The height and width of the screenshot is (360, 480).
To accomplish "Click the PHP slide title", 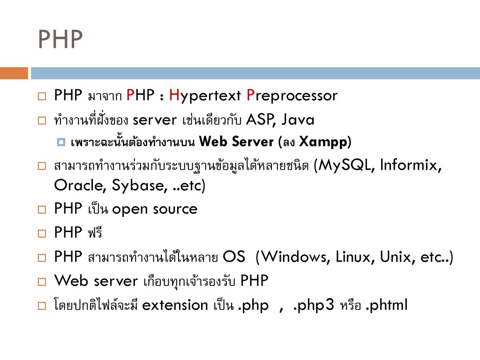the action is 60,39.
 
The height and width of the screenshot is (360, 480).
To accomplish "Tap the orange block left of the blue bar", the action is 14,73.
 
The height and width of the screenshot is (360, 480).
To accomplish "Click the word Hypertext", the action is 205,96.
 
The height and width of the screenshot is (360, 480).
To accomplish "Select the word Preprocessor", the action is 292,96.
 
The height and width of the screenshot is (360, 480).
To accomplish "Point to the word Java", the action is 298,120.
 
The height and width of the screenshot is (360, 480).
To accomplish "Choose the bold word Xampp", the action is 323,142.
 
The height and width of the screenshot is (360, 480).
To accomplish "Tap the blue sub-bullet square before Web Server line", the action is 61,142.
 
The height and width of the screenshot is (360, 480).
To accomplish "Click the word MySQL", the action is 345,165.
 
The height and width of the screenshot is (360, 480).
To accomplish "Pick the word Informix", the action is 408,165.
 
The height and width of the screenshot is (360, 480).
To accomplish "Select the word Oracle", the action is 78,185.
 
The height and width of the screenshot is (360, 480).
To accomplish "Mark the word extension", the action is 175,305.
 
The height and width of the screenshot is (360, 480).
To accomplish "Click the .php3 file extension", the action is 313,305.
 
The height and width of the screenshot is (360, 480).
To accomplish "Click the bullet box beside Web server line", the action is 42,282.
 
